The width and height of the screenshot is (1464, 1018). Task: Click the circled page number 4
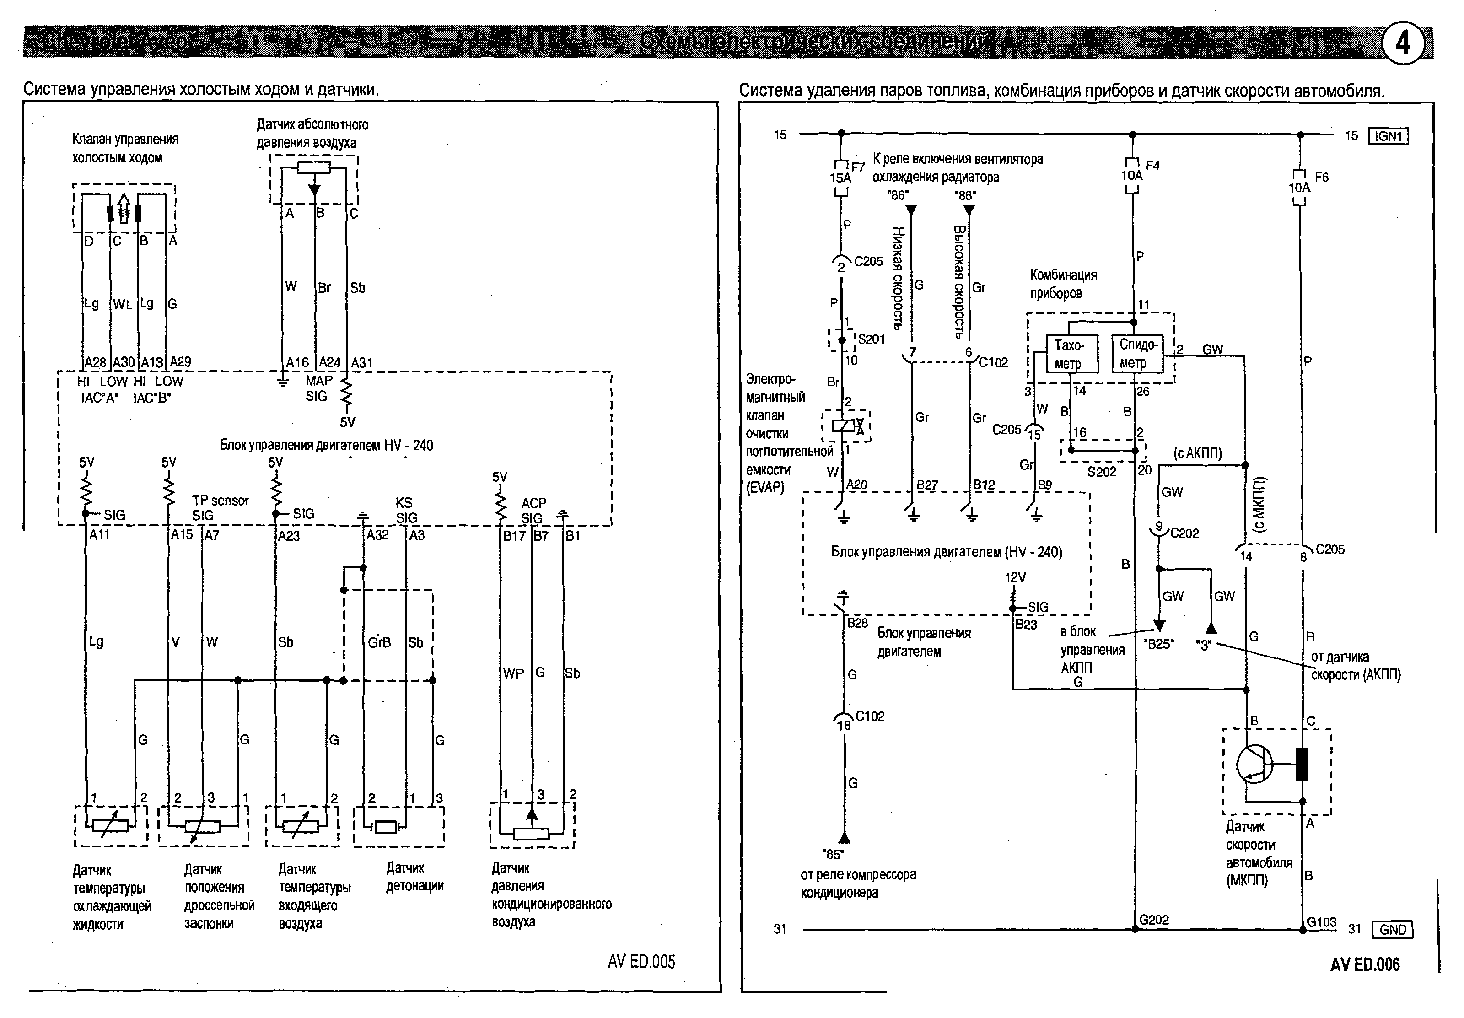(1403, 43)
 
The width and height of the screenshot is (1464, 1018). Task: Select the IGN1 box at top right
(1388, 136)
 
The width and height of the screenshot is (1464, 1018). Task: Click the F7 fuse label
(858, 167)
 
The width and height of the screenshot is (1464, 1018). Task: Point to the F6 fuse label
(1322, 177)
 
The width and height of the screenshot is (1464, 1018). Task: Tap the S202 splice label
(1101, 472)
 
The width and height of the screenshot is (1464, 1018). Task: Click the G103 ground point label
(1321, 921)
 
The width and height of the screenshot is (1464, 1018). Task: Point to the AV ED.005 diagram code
(641, 962)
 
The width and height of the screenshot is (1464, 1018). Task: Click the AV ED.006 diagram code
(1365, 964)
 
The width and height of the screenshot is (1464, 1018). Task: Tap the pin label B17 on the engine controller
(513, 536)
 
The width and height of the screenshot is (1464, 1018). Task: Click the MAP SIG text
(318, 388)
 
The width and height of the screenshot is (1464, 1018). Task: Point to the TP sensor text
(220, 501)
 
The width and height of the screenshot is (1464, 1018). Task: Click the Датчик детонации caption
(414, 877)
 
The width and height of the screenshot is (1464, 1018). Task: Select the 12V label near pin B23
(1015, 577)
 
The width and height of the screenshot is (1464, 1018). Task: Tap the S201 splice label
(871, 339)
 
